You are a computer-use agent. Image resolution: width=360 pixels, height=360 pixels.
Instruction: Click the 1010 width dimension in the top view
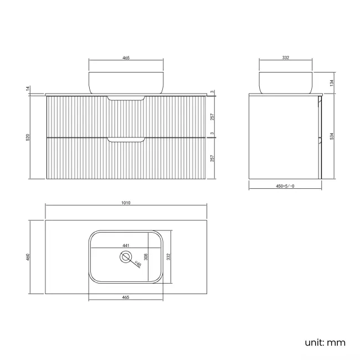click(126, 203)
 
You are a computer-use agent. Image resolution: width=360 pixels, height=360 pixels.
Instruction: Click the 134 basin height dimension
click(331, 83)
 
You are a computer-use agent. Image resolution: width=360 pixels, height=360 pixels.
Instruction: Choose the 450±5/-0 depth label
click(284, 187)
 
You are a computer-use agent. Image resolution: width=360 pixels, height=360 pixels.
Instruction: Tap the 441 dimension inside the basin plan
click(126, 245)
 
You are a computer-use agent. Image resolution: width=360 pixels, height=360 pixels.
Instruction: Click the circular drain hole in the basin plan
click(126, 257)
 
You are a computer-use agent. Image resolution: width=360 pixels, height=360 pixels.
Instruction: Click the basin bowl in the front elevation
click(126, 82)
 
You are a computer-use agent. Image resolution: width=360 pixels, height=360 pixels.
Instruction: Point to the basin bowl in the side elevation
click(286, 82)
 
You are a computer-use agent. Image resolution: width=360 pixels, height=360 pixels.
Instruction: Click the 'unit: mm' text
click(325, 342)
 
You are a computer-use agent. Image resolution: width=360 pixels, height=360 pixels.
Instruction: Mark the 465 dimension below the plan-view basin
click(126, 297)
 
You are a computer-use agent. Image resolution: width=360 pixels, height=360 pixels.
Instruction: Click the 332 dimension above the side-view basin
click(286, 58)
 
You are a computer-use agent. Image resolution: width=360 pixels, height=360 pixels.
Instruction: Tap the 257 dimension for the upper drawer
click(213, 117)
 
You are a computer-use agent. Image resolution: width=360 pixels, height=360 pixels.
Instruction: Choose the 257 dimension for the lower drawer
click(213, 158)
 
